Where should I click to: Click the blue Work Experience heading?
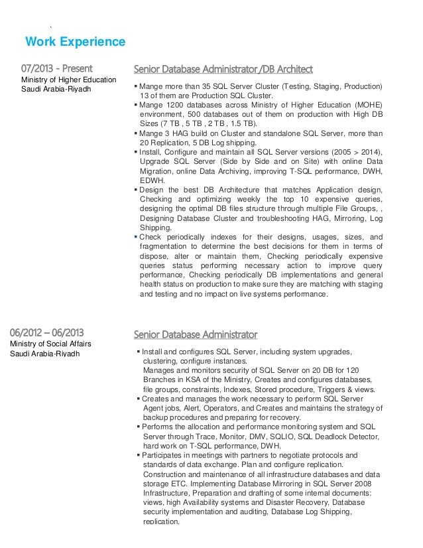coord(75,42)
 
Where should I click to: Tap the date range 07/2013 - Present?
coord(56,68)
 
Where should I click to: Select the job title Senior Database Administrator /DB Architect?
coord(218,68)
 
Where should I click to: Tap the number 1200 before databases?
coord(171,104)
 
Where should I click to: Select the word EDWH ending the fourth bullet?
coord(152,179)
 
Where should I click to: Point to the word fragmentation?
coord(166,246)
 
